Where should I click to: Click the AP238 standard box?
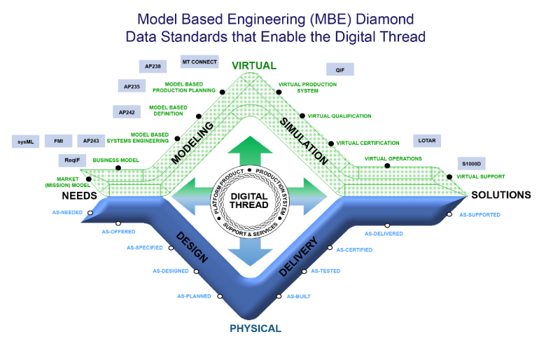(x=153, y=67)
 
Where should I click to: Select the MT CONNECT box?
(x=199, y=62)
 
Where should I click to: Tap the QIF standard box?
(x=340, y=69)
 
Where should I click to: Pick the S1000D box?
(x=470, y=164)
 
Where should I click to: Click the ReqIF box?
(x=72, y=161)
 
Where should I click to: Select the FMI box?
(x=58, y=141)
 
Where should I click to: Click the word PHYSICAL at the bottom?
(x=255, y=328)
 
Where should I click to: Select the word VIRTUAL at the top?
(x=254, y=66)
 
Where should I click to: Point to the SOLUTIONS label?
(x=501, y=195)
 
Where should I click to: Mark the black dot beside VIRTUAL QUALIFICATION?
(x=302, y=116)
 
